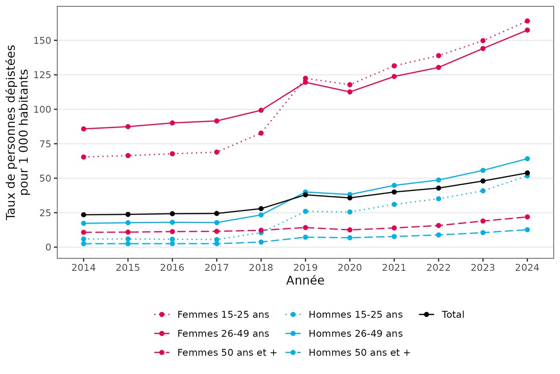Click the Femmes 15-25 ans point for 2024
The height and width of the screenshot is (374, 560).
(x=527, y=21)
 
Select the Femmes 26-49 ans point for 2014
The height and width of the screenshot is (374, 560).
(x=84, y=129)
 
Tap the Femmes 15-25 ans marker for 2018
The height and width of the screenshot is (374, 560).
(x=261, y=133)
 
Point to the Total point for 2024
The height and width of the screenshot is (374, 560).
(x=527, y=173)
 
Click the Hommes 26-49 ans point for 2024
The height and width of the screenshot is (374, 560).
(x=527, y=159)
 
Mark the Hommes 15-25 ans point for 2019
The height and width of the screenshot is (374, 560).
(x=306, y=211)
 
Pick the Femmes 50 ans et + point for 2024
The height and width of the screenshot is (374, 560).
(x=527, y=217)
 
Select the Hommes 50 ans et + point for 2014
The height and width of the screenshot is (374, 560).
(x=84, y=244)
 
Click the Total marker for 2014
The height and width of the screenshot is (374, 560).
(x=84, y=214)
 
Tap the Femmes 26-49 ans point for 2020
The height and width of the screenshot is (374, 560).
(x=350, y=92)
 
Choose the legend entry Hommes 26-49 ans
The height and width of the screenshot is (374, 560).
(x=355, y=334)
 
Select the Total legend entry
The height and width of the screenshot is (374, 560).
(x=453, y=314)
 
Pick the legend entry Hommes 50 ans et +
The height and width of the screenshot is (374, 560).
(x=359, y=353)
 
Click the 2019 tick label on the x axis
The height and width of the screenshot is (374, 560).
(x=306, y=268)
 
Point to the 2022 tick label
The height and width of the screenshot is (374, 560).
(x=438, y=268)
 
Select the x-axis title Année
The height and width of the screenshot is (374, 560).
(x=305, y=281)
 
